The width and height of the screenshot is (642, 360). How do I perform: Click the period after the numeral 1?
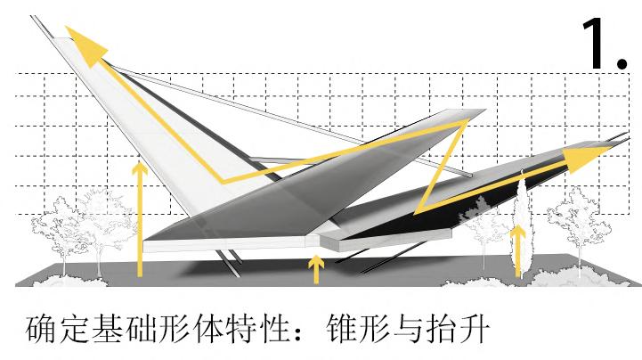pyautogui.click(x=622, y=61)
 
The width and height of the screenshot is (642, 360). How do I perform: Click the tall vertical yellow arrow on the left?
pyautogui.click(x=139, y=218)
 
